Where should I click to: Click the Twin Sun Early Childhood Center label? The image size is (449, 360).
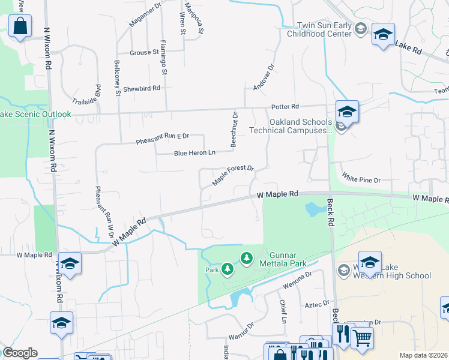click(x=325, y=30)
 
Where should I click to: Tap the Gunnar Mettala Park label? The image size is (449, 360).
click(x=281, y=259)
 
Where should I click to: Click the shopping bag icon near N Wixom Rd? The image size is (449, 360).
click(x=20, y=27)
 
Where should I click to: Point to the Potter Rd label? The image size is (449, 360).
click(x=285, y=107)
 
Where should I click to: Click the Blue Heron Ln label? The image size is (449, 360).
click(x=194, y=153)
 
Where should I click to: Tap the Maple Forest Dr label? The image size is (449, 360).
click(x=234, y=175)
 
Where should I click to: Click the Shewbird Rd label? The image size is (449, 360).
click(x=142, y=88)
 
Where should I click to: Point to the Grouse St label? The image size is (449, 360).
click(x=143, y=52)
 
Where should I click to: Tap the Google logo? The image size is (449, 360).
click(x=20, y=353)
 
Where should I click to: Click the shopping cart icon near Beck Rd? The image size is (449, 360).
click(x=361, y=338)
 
